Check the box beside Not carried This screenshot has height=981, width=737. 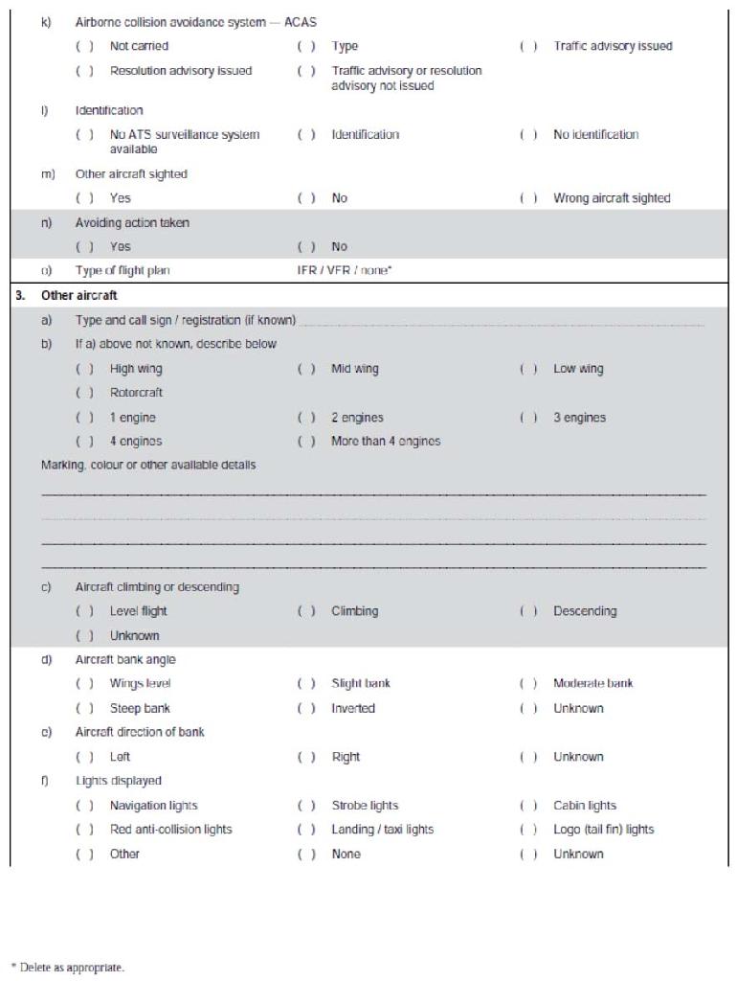pyautogui.click(x=85, y=46)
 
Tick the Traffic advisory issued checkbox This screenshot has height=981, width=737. pyautogui.click(x=528, y=46)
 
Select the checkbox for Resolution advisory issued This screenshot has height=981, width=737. pyautogui.click(x=85, y=71)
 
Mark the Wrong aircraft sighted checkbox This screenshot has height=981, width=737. pyautogui.click(x=528, y=198)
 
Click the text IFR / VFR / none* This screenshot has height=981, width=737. pyautogui.click(x=345, y=271)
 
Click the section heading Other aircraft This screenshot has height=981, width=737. pyautogui.click(x=79, y=295)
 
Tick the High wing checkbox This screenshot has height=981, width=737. pyautogui.click(x=85, y=369)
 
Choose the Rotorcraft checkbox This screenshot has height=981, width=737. pyautogui.click(x=85, y=393)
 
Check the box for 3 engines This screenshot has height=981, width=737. pyautogui.click(x=528, y=418)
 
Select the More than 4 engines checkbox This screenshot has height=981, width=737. pyautogui.click(x=306, y=442)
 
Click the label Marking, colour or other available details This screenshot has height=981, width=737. pyautogui.click(x=148, y=466)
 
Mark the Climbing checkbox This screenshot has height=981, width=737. pyautogui.click(x=306, y=611)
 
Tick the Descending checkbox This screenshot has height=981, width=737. pyautogui.click(x=528, y=611)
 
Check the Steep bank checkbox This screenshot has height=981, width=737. pyautogui.click(x=85, y=709)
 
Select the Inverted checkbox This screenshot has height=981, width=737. pyautogui.click(x=306, y=709)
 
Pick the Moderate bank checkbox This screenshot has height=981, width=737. pyautogui.click(x=528, y=684)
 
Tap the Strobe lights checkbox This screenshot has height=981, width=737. pyautogui.click(x=306, y=806)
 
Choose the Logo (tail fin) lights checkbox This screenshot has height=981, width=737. pyautogui.click(x=528, y=830)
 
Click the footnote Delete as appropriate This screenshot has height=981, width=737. pyautogui.click(x=68, y=968)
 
